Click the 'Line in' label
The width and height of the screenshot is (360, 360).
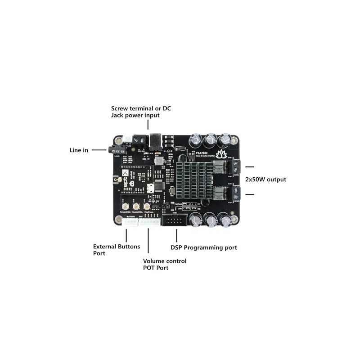pos(79,150)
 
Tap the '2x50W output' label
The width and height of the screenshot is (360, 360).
pos(265,180)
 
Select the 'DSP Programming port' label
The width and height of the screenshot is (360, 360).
pos(203,247)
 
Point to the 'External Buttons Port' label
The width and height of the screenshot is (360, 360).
pos(116,250)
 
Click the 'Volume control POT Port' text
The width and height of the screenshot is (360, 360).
pos(164,265)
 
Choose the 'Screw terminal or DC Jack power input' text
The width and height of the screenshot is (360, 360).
pos(141,112)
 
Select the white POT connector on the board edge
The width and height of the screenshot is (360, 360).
pos(149,222)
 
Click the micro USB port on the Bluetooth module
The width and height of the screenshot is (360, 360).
pos(153,187)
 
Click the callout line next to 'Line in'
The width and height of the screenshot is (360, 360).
pos(99,150)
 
